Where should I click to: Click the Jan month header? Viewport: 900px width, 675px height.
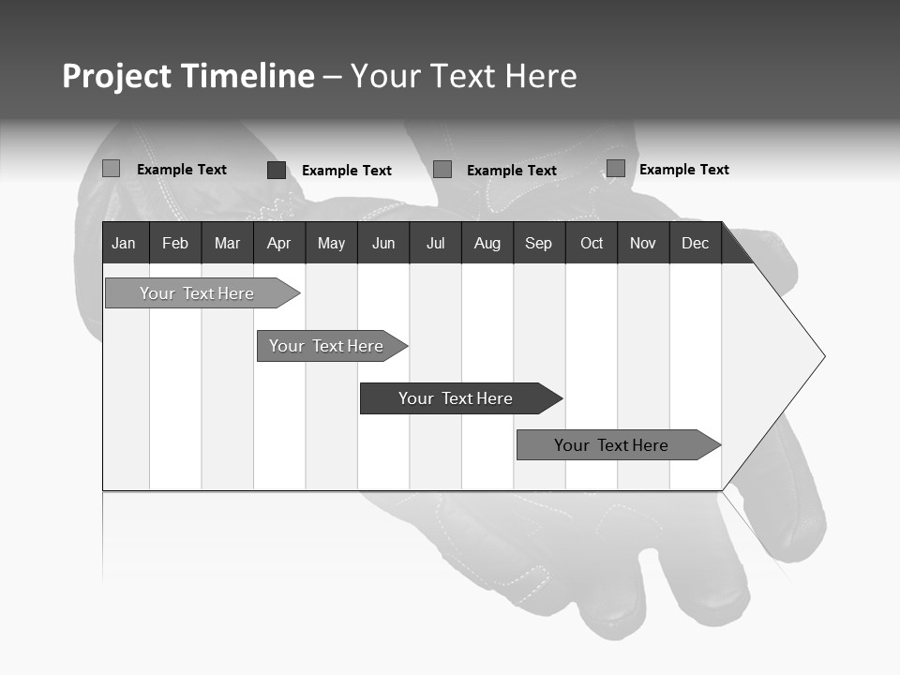coord(125,243)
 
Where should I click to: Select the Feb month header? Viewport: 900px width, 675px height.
coord(175,243)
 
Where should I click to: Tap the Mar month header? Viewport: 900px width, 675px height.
coord(227,243)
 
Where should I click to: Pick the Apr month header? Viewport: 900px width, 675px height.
coord(279,243)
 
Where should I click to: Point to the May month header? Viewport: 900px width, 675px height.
coord(331,243)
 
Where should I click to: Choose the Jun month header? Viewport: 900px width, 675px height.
coord(383,243)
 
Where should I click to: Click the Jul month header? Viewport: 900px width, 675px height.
coord(435,243)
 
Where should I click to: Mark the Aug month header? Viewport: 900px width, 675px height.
coord(487,243)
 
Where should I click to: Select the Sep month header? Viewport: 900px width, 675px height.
coord(539,243)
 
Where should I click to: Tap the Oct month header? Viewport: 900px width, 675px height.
coord(592,243)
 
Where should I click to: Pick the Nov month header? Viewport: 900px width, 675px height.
coord(643,243)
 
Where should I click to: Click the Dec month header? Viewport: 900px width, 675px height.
coord(696,243)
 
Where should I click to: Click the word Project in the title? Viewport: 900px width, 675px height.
coord(117,76)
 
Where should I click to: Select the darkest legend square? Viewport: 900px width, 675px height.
coord(277,170)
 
